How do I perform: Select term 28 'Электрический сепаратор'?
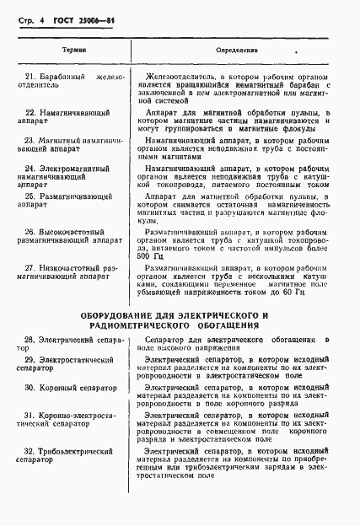(x=74, y=341)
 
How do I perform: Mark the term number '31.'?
(x=30, y=416)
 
